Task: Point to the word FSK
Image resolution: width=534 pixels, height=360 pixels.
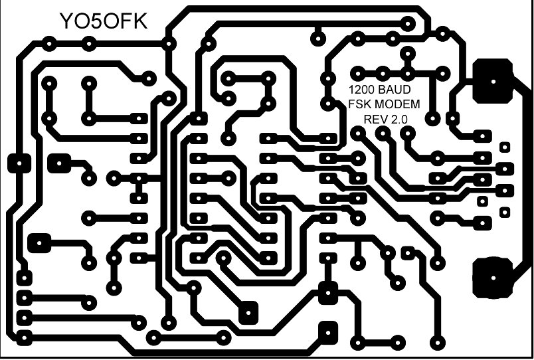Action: pyautogui.click(x=359, y=104)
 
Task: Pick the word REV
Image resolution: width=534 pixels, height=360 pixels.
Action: pyautogui.click(x=375, y=119)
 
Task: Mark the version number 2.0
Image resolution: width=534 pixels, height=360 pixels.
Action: pyautogui.click(x=400, y=119)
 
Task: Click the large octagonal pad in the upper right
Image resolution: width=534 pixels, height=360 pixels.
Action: pyautogui.click(x=493, y=80)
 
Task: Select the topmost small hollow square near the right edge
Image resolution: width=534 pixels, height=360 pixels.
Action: pyautogui.click(x=504, y=146)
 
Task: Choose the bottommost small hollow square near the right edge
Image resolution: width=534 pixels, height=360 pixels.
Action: pyautogui.click(x=504, y=213)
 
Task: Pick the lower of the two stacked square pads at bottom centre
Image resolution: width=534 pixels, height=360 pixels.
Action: pyautogui.click(x=327, y=330)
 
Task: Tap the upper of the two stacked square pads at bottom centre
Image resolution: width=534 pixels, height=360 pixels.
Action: pyautogui.click(x=327, y=291)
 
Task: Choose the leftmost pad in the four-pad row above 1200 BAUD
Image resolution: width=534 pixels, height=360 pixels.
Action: pyautogui.click(x=359, y=72)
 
